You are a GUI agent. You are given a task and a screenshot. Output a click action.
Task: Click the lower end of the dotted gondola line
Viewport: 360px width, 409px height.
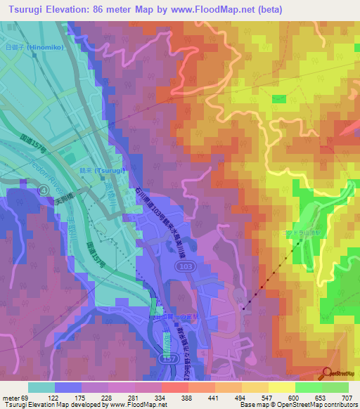pos(244,307)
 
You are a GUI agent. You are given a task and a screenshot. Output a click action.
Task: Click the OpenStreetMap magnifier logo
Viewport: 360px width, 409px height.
pos(328,374)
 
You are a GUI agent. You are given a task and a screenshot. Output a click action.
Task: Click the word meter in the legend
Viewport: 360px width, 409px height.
pos(9,397)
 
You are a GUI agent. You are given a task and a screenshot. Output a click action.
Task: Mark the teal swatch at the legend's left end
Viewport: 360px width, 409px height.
pos(41,387)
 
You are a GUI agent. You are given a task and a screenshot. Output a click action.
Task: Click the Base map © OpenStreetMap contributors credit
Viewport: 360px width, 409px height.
pos(302,405)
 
